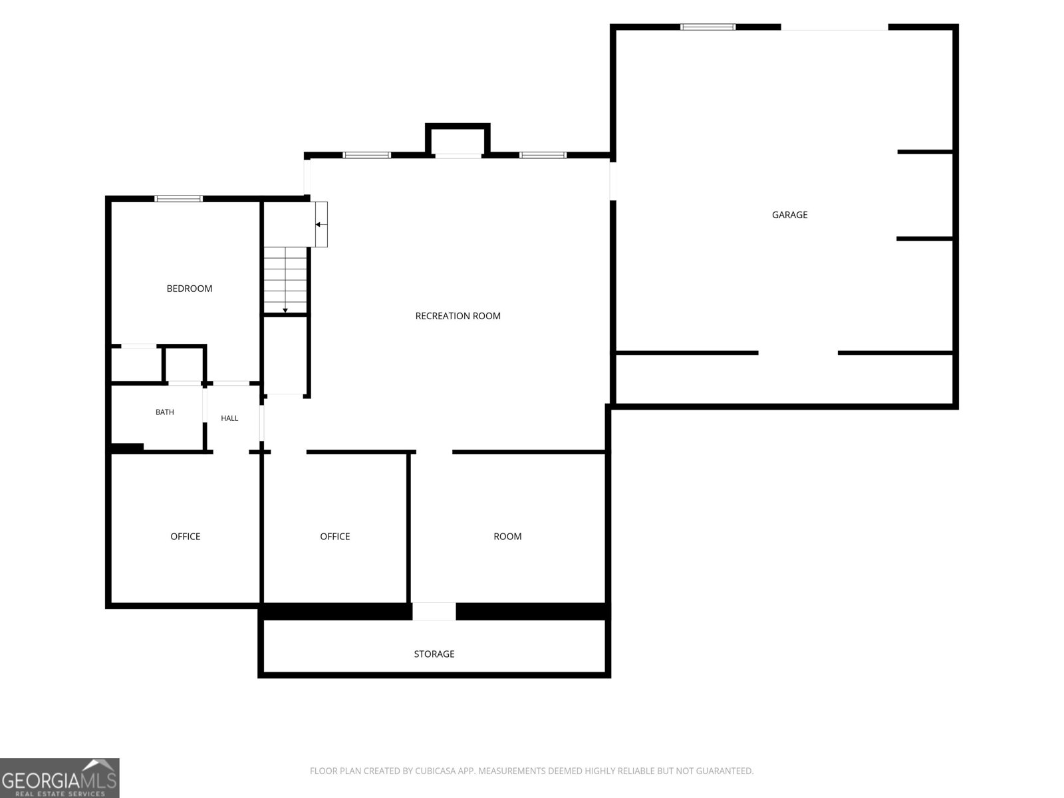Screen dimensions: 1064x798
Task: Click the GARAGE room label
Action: coord(789,215)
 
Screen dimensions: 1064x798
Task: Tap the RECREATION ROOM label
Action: coord(458,316)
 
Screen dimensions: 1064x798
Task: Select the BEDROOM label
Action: coord(189,289)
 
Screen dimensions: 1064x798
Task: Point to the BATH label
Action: coord(164,412)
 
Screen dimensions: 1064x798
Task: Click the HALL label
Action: coord(229,418)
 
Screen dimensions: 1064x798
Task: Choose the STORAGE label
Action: coord(434,654)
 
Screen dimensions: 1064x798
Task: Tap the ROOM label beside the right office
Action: coord(507,537)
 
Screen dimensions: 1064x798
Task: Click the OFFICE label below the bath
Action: coord(185,537)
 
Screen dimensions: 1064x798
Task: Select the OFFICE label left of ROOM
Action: coord(334,537)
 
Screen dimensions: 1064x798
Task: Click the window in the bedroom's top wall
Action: coord(178,199)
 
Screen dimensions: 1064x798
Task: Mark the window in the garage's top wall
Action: coord(708,27)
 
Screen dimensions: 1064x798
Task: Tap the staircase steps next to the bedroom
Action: coord(285,280)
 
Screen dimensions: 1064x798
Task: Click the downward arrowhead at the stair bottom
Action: coord(285,311)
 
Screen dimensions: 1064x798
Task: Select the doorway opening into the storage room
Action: coord(434,611)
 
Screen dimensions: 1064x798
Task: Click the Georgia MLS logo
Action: coord(60,777)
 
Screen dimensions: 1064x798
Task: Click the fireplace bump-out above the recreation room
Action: coord(458,140)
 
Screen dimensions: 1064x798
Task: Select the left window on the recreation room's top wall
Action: coord(366,155)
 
